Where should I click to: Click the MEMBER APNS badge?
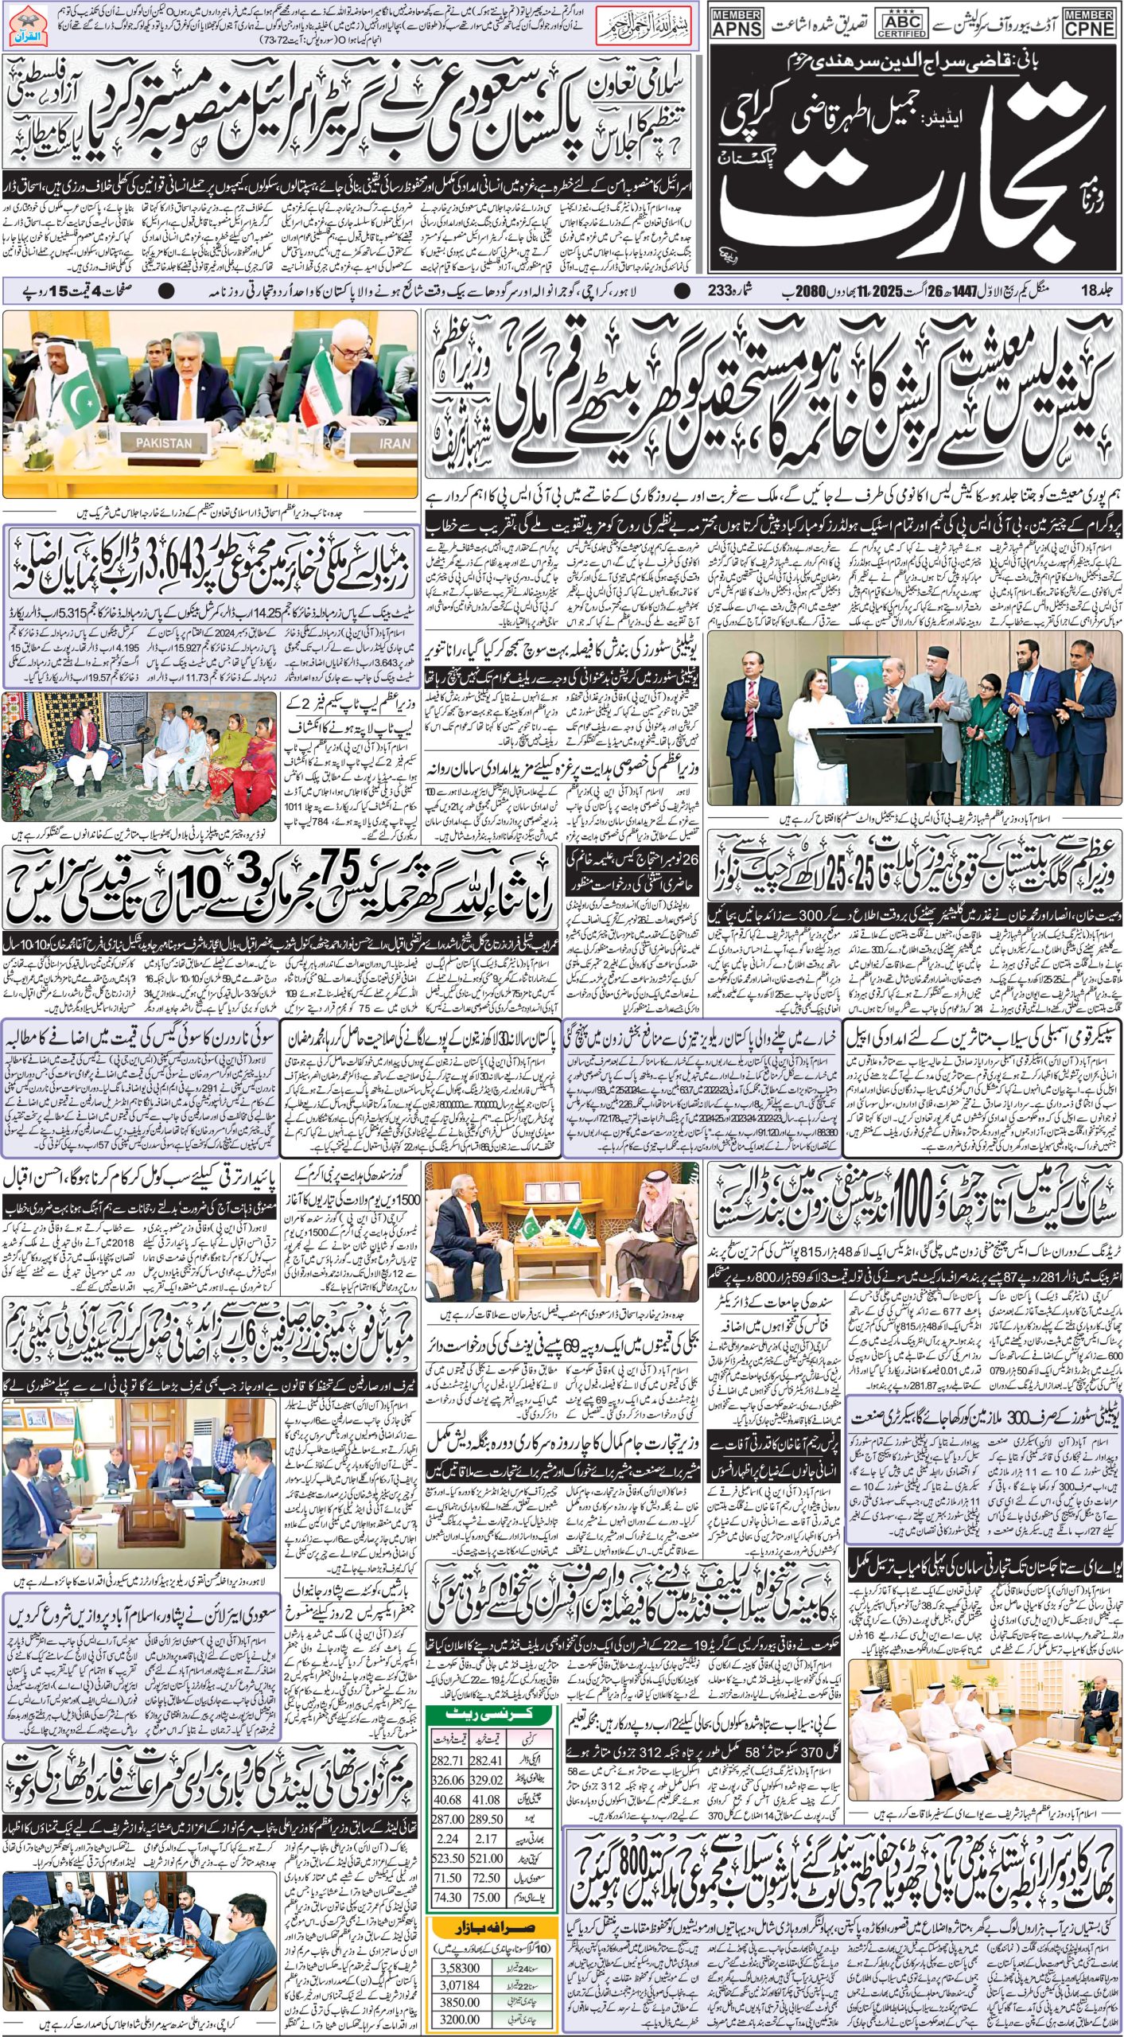coord(737,23)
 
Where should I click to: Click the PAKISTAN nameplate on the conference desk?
coord(163,442)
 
